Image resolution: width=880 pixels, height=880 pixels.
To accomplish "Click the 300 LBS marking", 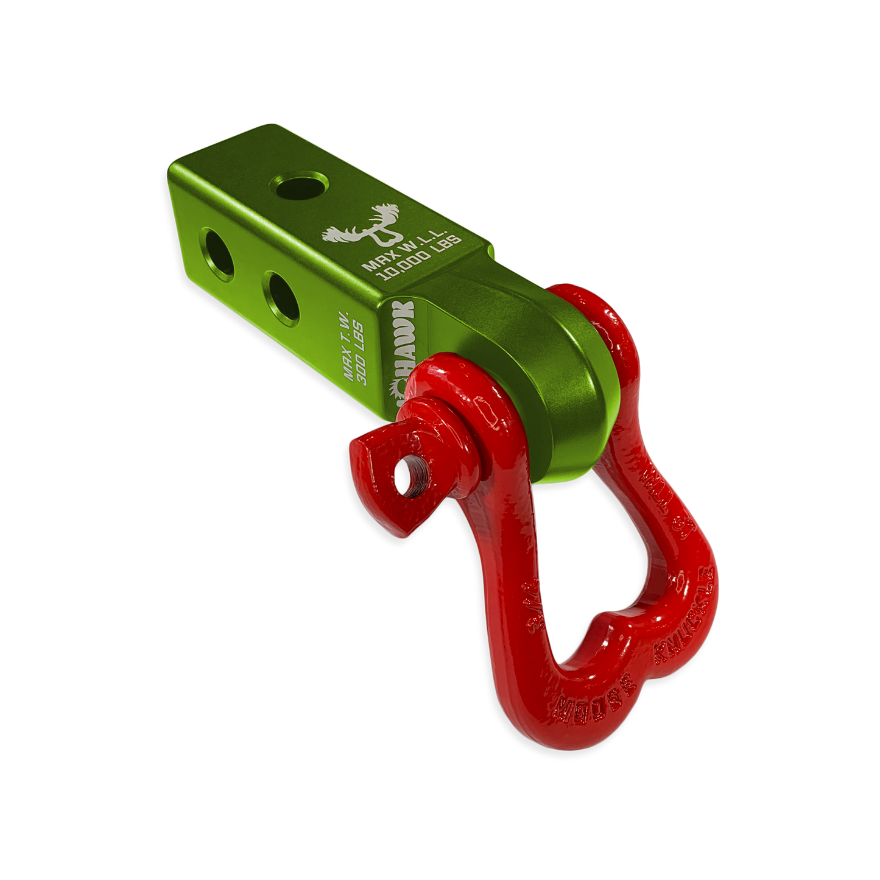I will point(368,359).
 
